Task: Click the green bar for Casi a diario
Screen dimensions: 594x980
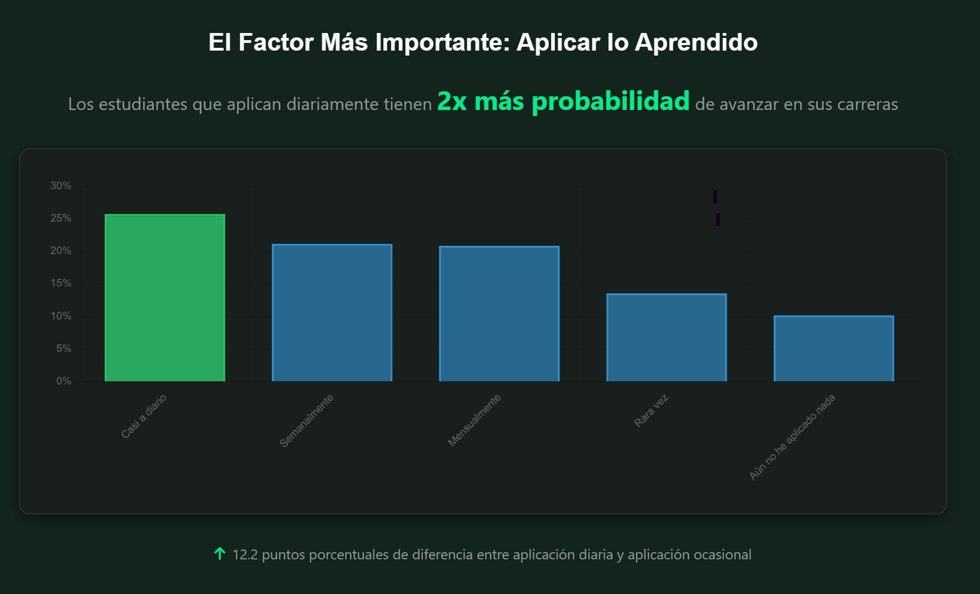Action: point(165,298)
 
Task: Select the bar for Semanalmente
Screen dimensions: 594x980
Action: point(332,312)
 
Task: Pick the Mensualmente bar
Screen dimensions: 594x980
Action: point(499,313)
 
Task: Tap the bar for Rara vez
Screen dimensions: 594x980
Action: point(667,337)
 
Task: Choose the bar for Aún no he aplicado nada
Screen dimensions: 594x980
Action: point(834,348)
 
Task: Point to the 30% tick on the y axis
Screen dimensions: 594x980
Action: point(61,186)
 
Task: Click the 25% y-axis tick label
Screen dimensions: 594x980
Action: point(61,218)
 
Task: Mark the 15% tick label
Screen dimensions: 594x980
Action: point(61,283)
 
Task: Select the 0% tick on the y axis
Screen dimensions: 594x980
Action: point(64,381)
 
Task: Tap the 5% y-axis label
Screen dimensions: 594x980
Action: point(64,349)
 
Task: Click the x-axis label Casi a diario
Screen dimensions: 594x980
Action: point(144,416)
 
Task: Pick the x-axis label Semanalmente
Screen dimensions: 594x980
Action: point(306,421)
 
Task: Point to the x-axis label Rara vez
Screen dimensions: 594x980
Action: point(651,410)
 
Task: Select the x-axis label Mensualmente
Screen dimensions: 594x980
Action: point(474,420)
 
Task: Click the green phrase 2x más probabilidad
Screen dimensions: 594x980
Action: point(563,101)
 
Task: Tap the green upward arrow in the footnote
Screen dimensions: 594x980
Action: point(219,554)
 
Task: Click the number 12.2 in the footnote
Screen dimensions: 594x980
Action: point(245,554)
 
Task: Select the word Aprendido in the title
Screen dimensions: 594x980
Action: point(696,42)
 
